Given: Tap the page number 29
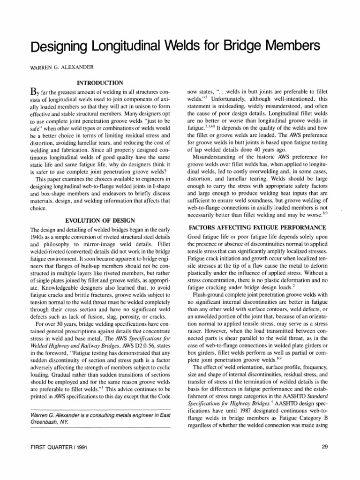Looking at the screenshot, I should tap(325, 447).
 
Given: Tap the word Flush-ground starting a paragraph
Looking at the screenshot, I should tap(213, 295).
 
